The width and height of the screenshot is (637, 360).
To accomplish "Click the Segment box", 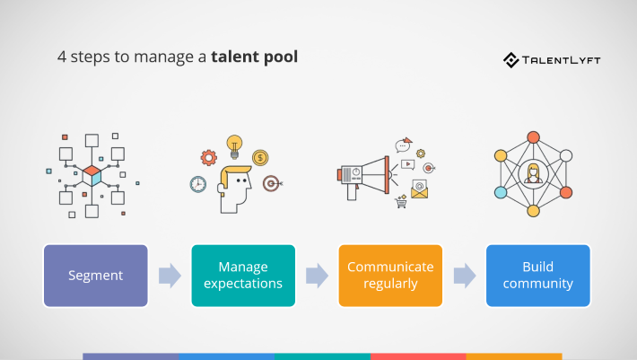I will click(x=96, y=276).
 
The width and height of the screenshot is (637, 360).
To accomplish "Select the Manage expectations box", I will click(x=243, y=276).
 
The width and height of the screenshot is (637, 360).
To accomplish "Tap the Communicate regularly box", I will click(x=390, y=276).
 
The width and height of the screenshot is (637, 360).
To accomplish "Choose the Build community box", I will click(x=537, y=276).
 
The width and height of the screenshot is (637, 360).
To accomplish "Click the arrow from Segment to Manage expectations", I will click(x=170, y=276).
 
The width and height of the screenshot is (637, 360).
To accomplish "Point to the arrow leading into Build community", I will click(x=464, y=276).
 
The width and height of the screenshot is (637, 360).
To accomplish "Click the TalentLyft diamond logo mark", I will click(x=510, y=60).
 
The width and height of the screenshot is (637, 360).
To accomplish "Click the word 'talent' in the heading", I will click(x=236, y=57).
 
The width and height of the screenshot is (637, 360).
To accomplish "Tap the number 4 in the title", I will click(x=62, y=57).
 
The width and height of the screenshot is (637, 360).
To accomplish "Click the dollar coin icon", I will click(x=260, y=158).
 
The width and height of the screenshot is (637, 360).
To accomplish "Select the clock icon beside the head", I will click(x=198, y=184).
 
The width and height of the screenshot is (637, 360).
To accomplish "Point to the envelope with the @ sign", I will click(x=419, y=189).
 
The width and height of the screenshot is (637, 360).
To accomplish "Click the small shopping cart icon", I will click(x=401, y=202).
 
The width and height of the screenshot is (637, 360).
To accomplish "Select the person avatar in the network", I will click(x=533, y=173).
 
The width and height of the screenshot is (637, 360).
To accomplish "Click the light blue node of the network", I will click(x=502, y=192).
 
